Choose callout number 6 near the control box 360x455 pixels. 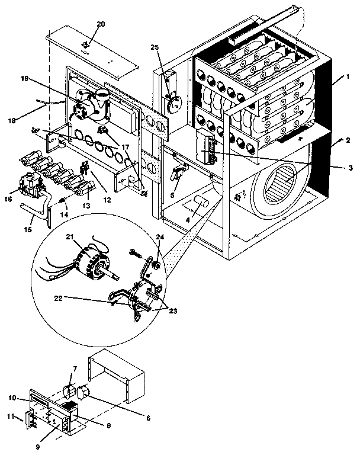pos(147,418)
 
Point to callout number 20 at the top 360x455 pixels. pos(101,24)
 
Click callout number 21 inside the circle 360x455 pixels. pos(69,237)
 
